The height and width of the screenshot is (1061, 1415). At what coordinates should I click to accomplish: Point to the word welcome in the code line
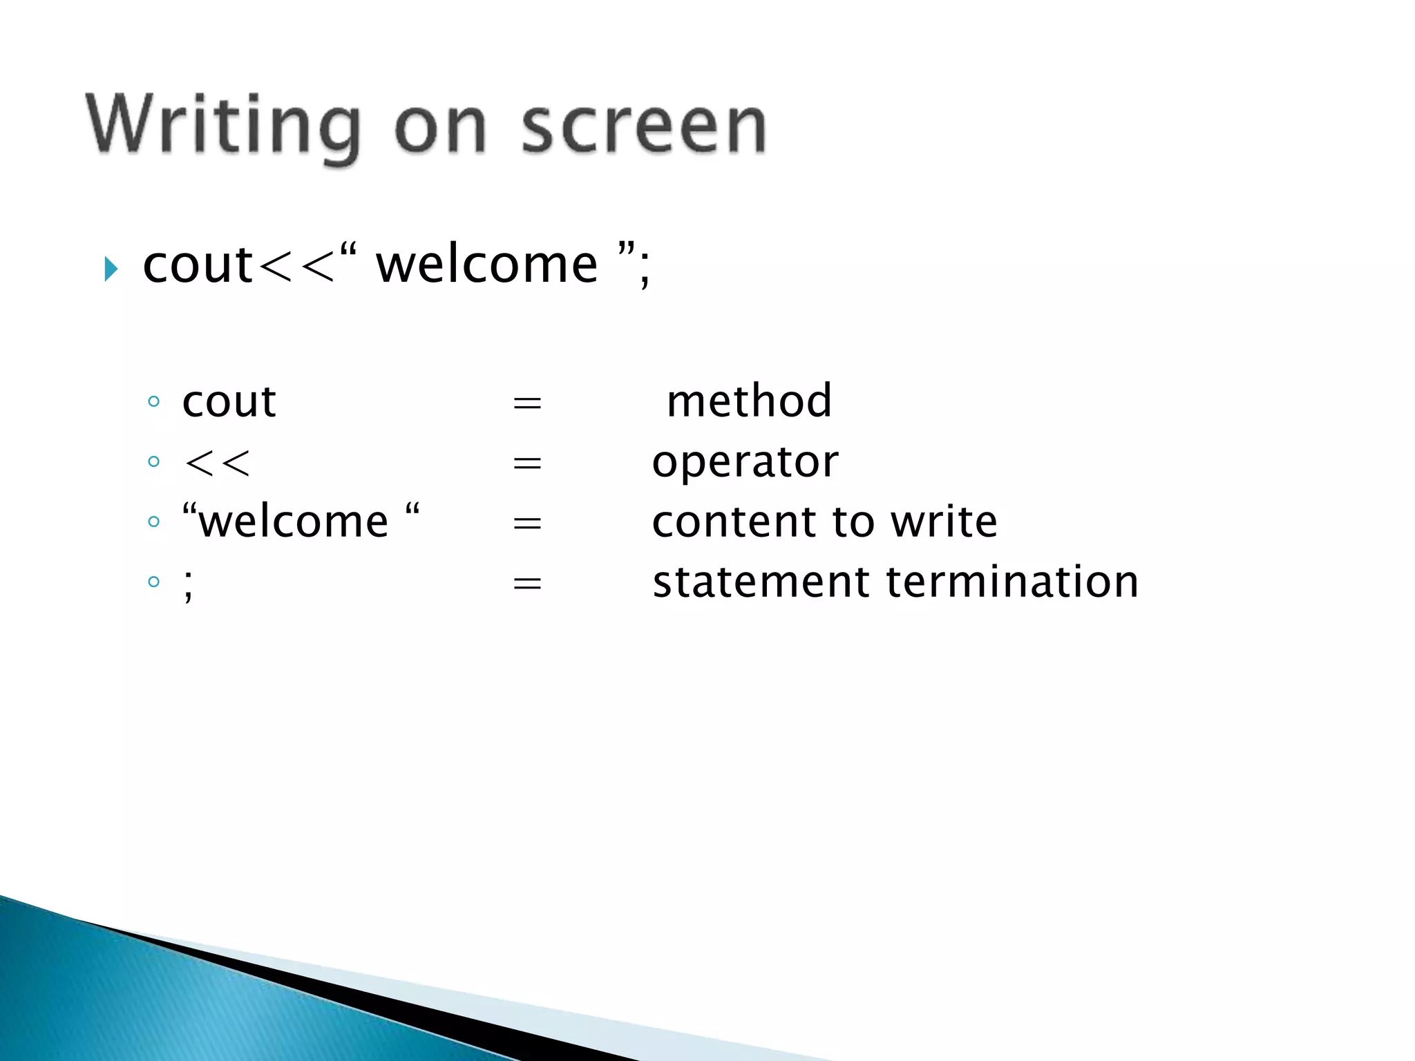coord(486,265)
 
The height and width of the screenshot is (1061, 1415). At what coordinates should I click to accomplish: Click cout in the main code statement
coord(198,265)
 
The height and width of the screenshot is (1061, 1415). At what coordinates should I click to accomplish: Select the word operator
coord(745,462)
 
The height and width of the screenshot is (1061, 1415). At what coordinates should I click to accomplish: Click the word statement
coord(761,582)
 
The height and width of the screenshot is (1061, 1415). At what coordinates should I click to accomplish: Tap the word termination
coord(1012,582)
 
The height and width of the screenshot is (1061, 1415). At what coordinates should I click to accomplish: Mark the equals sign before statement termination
coord(527,584)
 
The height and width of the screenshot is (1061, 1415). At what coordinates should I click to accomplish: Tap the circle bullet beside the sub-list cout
coord(153,401)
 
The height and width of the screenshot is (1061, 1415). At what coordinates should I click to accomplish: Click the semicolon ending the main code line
coord(645,269)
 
